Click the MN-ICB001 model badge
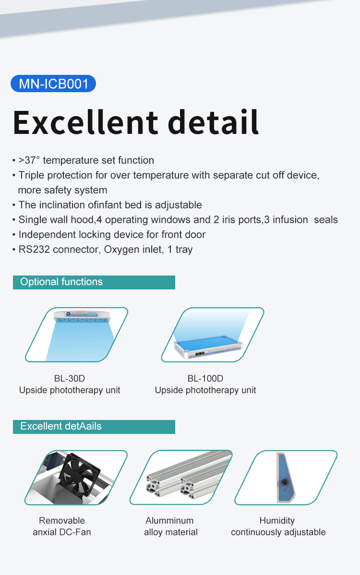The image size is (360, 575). tap(53, 84)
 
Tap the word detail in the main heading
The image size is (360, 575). tap(214, 122)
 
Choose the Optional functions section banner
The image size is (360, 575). tap(94, 282)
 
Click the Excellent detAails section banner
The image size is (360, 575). tap(94, 427)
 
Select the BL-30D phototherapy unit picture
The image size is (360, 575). tap(77, 335)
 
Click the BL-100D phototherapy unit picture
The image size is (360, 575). tap(213, 335)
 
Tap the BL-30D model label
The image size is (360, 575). tap(70, 378)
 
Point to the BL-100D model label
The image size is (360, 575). tap(205, 378)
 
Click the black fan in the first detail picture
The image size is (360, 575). tap(80, 475)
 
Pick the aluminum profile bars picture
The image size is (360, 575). tap(181, 478)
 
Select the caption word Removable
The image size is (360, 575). tap(62, 520)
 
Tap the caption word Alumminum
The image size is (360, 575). tap(169, 520)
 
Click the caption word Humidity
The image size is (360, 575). tap(277, 521)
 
